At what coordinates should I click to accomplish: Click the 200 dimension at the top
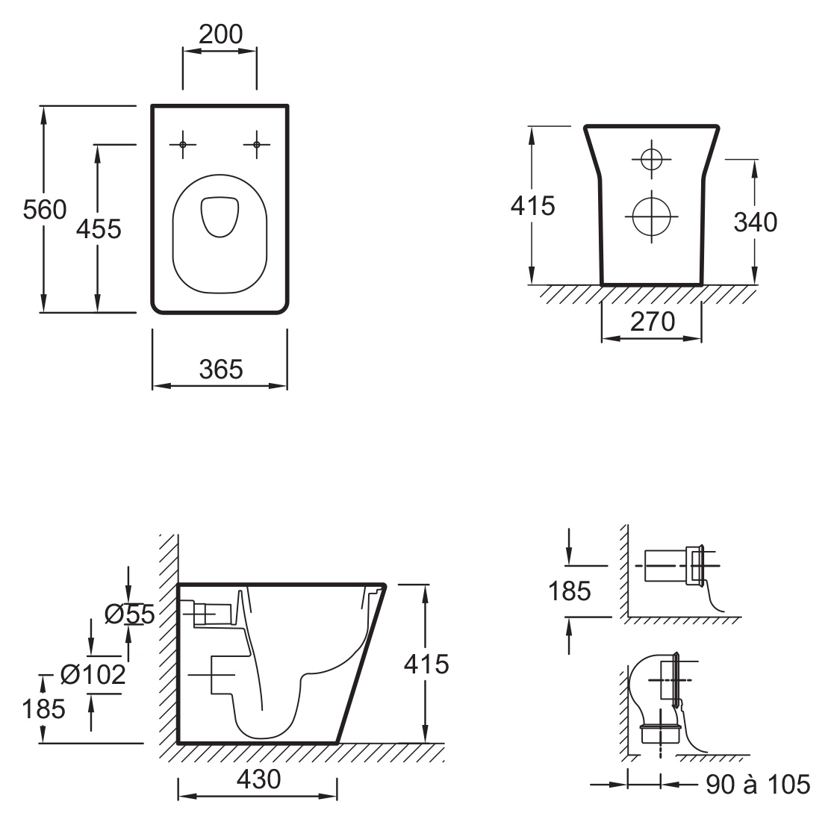tap(221, 34)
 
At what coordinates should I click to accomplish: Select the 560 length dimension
tap(45, 210)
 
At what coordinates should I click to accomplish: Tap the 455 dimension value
tap(99, 229)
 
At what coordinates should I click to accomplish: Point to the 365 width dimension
tap(221, 369)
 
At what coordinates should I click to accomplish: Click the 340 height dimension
tap(756, 222)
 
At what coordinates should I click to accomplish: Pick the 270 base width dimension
tap(653, 321)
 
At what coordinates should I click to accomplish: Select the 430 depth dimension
tap(258, 779)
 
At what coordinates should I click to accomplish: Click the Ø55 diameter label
tap(129, 614)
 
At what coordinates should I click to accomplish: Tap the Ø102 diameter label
tap(93, 675)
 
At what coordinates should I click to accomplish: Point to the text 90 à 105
tap(757, 784)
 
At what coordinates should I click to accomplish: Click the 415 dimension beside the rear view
tap(532, 206)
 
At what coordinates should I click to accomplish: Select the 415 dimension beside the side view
tap(426, 664)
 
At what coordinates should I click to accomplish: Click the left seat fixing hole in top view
tap(182, 145)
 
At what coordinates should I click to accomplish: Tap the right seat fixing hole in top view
tap(256, 145)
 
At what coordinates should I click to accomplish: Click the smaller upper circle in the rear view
tap(652, 159)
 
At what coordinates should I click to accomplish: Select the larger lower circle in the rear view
tap(652, 217)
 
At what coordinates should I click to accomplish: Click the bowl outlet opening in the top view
tap(220, 217)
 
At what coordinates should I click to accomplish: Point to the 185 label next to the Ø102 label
tap(43, 709)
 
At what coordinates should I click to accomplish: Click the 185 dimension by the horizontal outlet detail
tap(569, 591)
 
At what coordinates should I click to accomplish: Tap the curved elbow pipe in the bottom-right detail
tap(635, 691)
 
